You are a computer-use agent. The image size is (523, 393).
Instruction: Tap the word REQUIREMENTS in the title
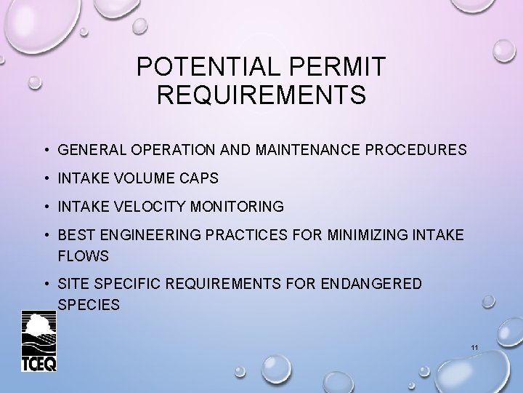click(x=261, y=95)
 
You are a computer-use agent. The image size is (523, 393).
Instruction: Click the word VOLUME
click(x=139, y=179)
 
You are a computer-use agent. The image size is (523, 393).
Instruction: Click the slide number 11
click(x=474, y=349)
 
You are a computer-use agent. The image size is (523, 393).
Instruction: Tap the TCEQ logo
click(x=38, y=341)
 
